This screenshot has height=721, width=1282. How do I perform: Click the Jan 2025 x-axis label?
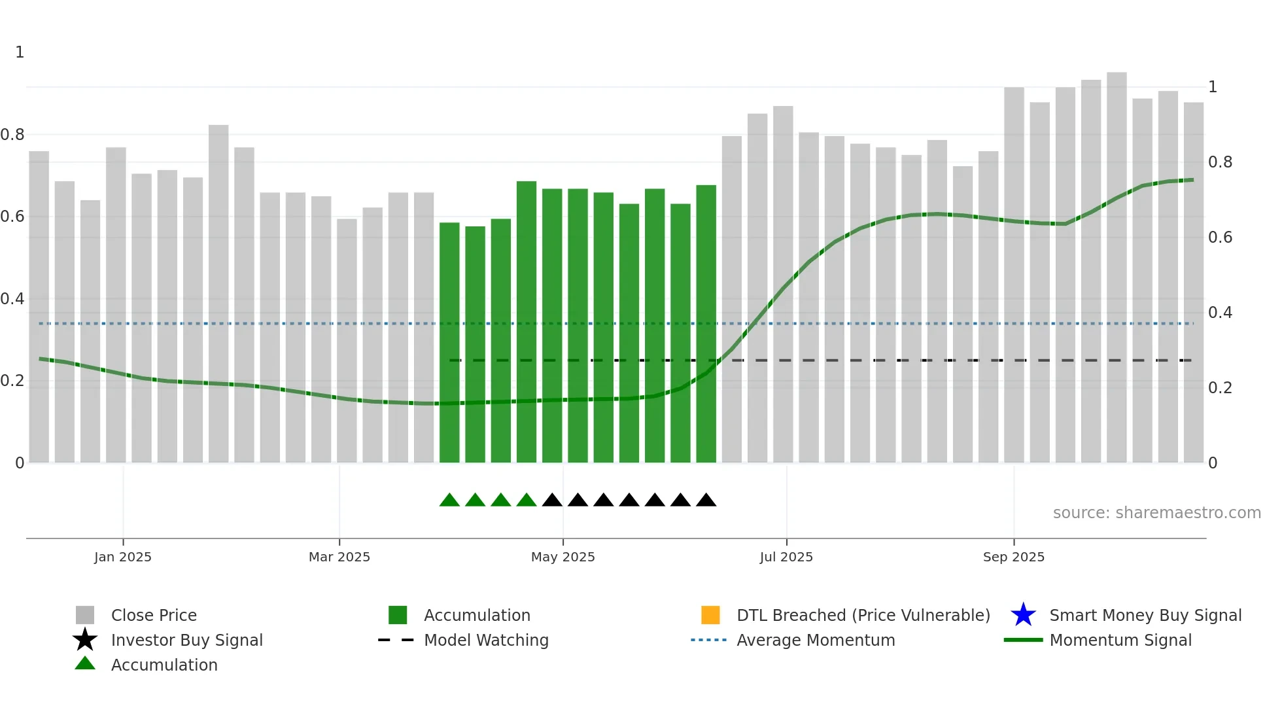(123, 557)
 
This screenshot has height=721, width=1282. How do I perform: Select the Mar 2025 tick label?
(339, 557)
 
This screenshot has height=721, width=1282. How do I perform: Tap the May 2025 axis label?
(563, 557)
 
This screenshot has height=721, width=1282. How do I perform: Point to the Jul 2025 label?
(786, 557)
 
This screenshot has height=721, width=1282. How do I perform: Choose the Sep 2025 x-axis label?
(1013, 557)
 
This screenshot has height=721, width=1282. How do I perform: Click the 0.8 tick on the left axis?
(12, 135)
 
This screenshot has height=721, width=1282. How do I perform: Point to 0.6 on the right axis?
(1220, 237)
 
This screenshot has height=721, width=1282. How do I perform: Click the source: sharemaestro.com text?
(1156, 513)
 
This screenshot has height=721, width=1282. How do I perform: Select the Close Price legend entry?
(154, 615)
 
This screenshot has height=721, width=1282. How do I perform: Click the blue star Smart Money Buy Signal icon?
(1023, 615)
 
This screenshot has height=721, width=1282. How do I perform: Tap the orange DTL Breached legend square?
(710, 615)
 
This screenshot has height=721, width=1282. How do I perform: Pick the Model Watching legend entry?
(486, 640)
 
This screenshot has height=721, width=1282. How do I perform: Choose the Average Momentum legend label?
(816, 640)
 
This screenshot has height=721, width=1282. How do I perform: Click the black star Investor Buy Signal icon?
(85, 640)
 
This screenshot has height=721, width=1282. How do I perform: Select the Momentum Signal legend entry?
(1120, 640)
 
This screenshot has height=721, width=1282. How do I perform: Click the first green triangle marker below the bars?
(449, 501)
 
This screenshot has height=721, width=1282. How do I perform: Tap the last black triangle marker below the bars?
(706, 501)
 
